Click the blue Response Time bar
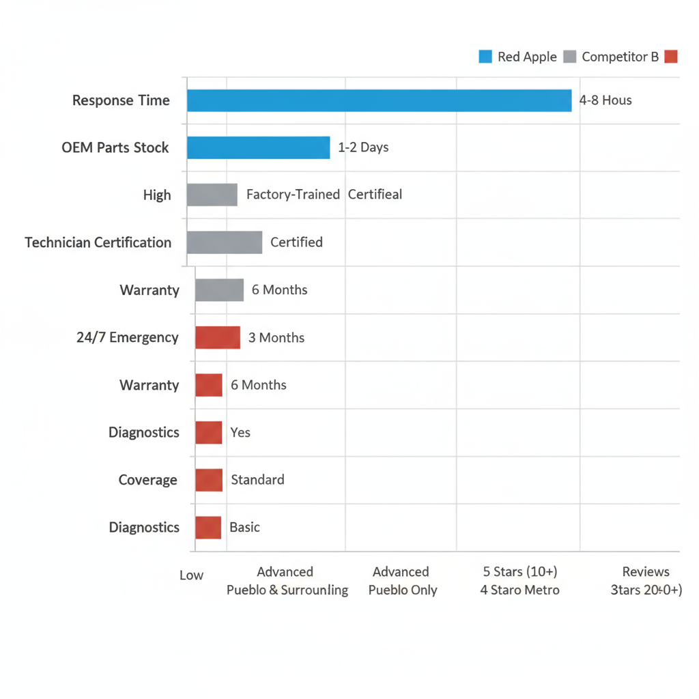coord(379,100)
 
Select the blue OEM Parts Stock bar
coord(258,147)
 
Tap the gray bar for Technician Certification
coord(224,242)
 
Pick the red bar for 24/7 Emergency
coord(218,337)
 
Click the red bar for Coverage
coord(209,480)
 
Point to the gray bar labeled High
coord(212,195)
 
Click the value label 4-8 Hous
coord(605,100)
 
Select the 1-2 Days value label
coord(363,147)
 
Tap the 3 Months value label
coord(276,337)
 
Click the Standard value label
coord(257,480)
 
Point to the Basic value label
coord(244,527)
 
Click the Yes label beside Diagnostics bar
coord(240,432)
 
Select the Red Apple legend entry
coord(518,57)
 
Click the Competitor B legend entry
coord(612,57)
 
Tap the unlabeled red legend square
coord(671,57)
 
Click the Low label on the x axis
coord(191,575)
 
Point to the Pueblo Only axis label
coord(402,590)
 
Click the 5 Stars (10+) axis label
coord(520,571)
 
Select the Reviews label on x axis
coord(646,571)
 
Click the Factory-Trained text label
coord(293,195)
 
